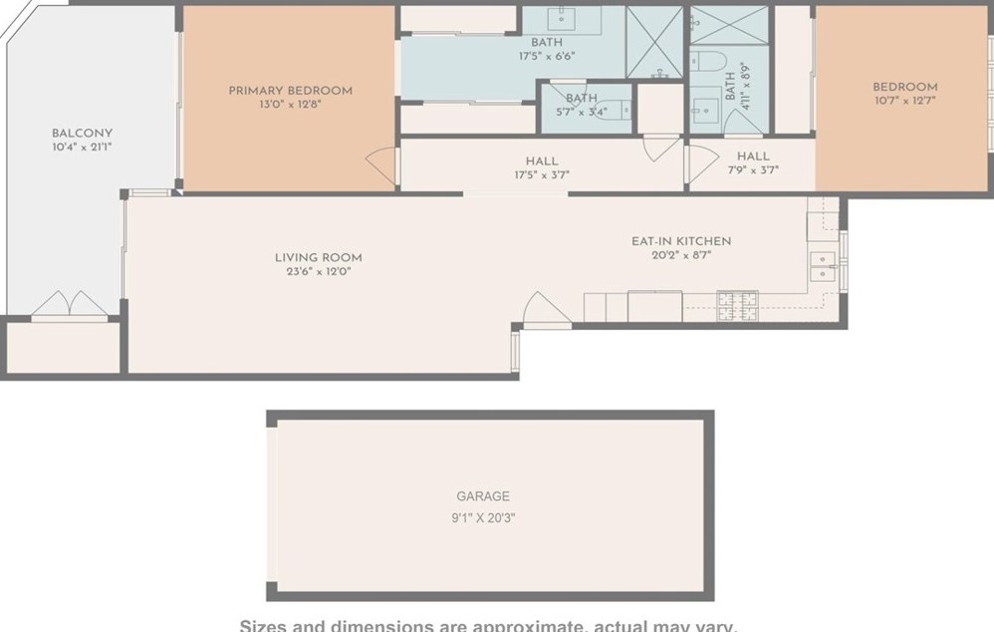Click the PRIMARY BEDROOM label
290,91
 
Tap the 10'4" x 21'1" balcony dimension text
82,148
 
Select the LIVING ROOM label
318,257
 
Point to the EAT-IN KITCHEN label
681,241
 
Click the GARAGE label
483,495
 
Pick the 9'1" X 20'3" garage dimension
483,517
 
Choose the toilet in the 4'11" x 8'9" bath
709,62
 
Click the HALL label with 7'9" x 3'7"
753,157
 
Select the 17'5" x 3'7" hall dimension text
541,174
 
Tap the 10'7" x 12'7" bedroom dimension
904,101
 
